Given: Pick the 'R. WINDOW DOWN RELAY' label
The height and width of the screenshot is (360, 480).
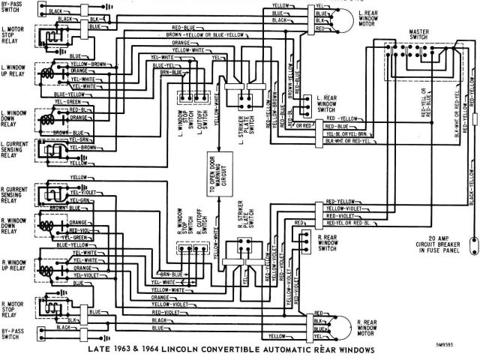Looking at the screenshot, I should pos(13,226).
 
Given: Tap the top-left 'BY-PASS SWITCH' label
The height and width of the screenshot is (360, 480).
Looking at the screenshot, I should pos(13,7).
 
